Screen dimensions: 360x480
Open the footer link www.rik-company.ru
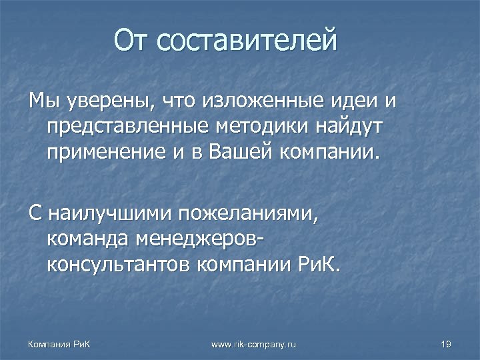click(x=253, y=343)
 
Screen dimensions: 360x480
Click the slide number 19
click(x=447, y=343)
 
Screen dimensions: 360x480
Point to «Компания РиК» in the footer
click(x=59, y=343)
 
